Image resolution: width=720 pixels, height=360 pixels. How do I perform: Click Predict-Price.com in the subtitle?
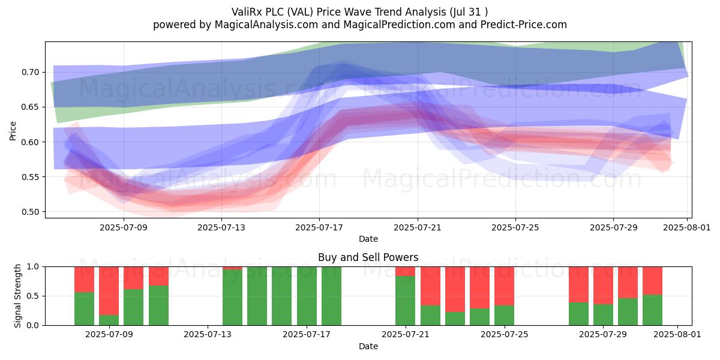pyautogui.click(x=524, y=25)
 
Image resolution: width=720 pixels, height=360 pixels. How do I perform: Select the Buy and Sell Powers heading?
pyautogui.click(x=368, y=257)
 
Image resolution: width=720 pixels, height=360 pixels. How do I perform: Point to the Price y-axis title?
pyautogui.click(x=13, y=131)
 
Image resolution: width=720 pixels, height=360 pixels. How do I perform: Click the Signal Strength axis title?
pyautogui.click(x=17, y=296)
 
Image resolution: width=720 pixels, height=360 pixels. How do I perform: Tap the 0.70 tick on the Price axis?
pyautogui.click(x=30, y=72)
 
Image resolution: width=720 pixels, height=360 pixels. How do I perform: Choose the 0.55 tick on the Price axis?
pyautogui.click(x=30, y=177)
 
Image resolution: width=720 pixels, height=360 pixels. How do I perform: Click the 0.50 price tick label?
pyautogui.click(x=30, y=212)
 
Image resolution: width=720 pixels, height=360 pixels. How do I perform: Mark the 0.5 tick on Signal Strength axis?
pyautogui.click(x=33, y=296)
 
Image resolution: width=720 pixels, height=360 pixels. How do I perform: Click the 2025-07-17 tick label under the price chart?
pyautogui.click(x=319, y=227)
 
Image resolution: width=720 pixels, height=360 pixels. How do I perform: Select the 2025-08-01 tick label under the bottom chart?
pyautogui.click(x=677, y=335)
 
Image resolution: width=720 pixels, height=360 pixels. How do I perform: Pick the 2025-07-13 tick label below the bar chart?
pyautogui.click(x=208, y=335)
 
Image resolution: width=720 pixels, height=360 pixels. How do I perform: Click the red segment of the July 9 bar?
pyautogui.click(x=109, y=291)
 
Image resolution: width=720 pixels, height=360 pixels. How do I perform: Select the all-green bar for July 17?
pyautogui.click(x=307, y=296)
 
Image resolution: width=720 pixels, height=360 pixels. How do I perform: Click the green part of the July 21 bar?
pyautogui.click(x=406, y=301)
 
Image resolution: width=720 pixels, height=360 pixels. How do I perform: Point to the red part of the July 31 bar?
pyautogui.click(x=653, y=281)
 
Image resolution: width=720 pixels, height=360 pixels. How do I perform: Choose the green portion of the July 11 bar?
pyautogui.click(x=158, y=305)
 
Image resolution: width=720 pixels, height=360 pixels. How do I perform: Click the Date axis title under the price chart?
pyautogui.click(x=368, y=239)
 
